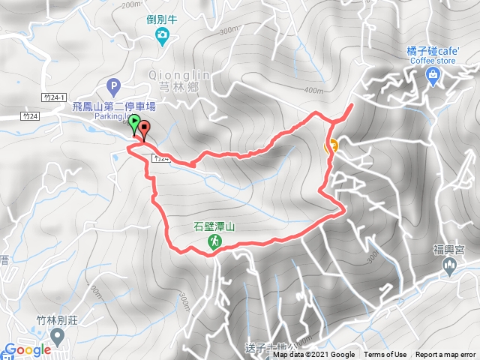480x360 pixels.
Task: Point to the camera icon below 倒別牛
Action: pos(162,34)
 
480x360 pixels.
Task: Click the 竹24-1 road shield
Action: pos(54,97)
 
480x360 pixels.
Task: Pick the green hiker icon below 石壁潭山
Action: pos(214,241)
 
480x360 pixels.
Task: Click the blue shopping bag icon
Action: pos(434,73)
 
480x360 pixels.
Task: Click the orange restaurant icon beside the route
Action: pos(331,145)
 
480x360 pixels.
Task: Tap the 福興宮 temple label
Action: pos(450,253)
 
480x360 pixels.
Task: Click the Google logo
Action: pos(27,349)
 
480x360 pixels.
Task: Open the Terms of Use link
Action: pos(385,355)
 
